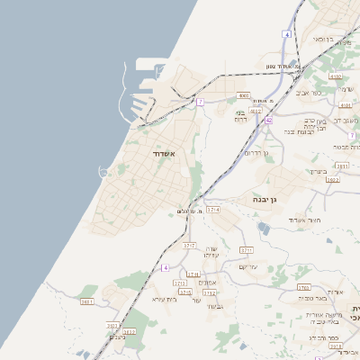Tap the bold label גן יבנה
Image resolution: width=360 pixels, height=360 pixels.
[x=257, y=199]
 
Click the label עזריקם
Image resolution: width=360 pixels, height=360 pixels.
[x=248, y=266]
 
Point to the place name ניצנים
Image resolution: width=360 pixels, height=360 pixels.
[x=118, y=337]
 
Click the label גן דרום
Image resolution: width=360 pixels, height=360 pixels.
[x=258, y=153]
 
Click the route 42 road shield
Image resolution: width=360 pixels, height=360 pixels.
[x=269, y=120]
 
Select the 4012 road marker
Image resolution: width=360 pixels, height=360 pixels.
[x=256, y=111]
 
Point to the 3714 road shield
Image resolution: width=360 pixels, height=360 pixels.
[x=213, y=209]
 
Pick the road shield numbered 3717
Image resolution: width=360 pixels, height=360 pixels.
[x=189, y=245]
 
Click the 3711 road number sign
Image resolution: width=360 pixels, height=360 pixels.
[x=247, y=250]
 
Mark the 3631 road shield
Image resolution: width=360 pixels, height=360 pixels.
[x=87, y=301]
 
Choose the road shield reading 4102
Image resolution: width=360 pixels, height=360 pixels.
[x=336, y=77]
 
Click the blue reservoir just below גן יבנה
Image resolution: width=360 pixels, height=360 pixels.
[x=262, y=227]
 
